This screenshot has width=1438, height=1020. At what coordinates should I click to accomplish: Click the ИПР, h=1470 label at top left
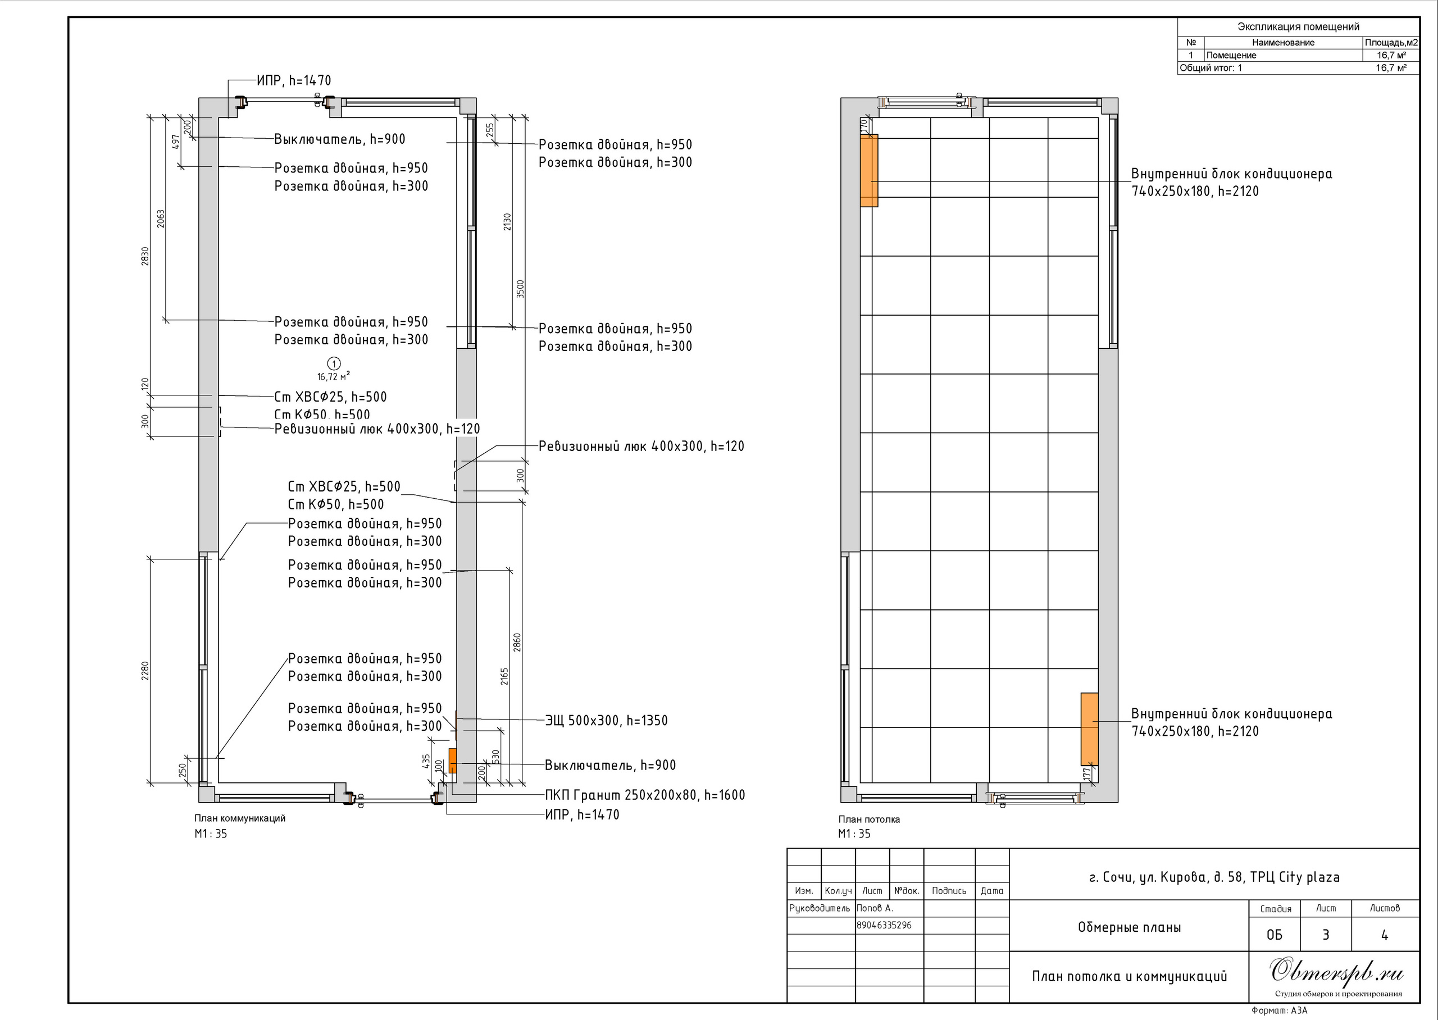click(x=293, y=80)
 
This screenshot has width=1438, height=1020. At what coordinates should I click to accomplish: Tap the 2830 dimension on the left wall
click(x=145, y=256)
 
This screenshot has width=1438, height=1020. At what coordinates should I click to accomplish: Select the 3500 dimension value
click(x=520, y=289)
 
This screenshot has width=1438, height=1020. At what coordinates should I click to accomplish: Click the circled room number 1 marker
click(x=334, y=363)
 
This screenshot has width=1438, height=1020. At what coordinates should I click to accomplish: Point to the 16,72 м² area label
click(x=334, y=377)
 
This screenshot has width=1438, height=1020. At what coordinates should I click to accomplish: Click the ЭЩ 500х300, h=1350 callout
click(x=606, y=721)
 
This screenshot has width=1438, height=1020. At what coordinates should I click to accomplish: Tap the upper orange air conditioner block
click(x=869, y=170)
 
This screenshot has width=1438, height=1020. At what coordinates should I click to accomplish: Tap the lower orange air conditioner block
click(x=1090, y=729)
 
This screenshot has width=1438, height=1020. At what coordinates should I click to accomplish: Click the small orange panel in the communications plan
click(x=452, y=761)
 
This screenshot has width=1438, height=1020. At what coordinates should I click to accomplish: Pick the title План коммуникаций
click(x=240, y=818)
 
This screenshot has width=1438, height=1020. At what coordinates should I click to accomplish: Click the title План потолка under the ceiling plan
click(x=869, y=819)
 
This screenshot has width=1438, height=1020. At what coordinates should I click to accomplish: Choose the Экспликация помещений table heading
click(x=1298, y=26)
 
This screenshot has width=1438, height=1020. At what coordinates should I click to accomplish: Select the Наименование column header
click(x=1283, y=43)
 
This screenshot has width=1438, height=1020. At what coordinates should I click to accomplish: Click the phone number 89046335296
click(x=884, y=925)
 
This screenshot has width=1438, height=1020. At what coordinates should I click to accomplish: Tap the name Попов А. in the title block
click(x=875, y=908)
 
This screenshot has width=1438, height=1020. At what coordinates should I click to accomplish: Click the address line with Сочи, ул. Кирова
click(x=1214, y=877)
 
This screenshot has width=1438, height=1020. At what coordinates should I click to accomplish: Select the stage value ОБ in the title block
click(x=1274, y=935)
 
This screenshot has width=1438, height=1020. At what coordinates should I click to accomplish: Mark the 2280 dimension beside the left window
click(x=145, y=671)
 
